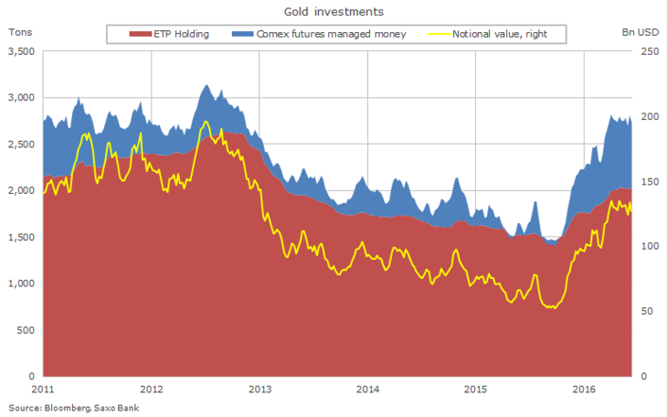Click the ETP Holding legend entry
coord(182,35)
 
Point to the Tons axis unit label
coord(20,33)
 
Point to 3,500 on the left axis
coord(21,51)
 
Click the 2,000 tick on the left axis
coord(21,190)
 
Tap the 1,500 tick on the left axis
coord(21,237)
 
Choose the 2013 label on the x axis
coord(259,389)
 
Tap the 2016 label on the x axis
coord(585,389)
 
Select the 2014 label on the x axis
coord(367,389)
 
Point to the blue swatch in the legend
coord(237,35)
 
